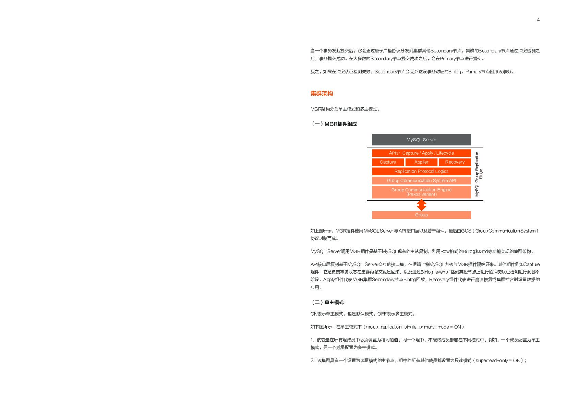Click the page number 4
coord(538,20)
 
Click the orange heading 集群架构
coord(322,93)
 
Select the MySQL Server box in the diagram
coord(421,140)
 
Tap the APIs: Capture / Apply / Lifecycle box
coord(421,153)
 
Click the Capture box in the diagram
coord(388,162)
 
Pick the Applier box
coord(421,162)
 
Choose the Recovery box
coord(455,162)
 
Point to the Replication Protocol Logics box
coord(421,171)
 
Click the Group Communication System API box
coord(421,180)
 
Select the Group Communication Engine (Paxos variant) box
coord(421,192)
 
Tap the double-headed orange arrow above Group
coord(421,205)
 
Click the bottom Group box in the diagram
coord(421,215)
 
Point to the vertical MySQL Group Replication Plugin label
coord(479,174)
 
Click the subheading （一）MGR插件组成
coord(334,124)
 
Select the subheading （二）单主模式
coord(327,302)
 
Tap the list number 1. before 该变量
coord(312,340)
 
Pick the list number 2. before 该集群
coord(312,361)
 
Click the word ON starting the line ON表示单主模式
coord(314,314)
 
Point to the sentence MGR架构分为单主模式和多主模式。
coord(345,109)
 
